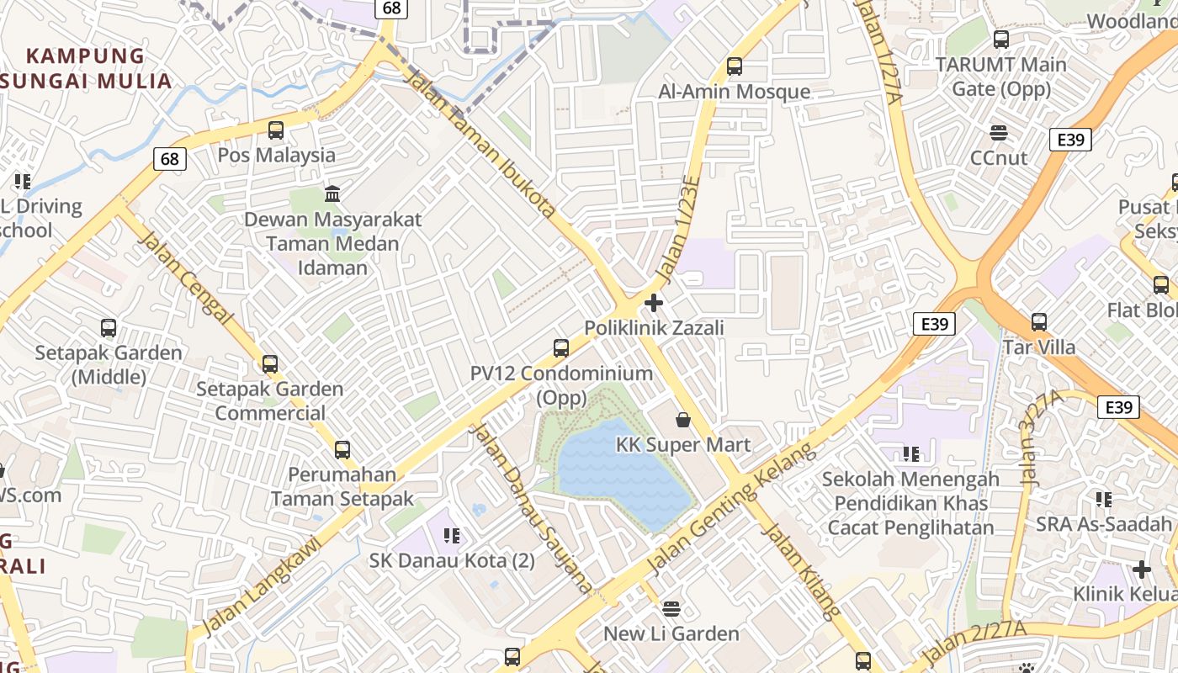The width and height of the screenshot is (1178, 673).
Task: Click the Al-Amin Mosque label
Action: coord(734,92)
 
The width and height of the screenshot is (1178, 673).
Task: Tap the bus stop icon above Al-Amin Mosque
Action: coord(735,66)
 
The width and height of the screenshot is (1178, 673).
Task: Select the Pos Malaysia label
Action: coord(276,156)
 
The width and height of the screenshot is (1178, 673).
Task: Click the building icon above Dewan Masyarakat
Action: coord(332,194)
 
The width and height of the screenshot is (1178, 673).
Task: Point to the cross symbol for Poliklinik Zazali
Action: coord(654,303)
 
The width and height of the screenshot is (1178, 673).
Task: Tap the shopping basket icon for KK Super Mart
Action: coord(683,419)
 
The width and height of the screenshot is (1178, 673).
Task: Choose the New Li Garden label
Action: coord(671,633)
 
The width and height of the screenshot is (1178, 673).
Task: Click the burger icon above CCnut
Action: coord(999,132)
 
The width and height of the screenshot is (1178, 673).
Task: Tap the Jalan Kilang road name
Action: coord(800,571)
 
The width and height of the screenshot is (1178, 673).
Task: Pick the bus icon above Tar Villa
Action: coord(1039,321)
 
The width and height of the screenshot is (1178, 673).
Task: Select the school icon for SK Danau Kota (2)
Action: coord(452,535)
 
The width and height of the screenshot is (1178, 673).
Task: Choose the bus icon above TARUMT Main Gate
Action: coord(1001,39)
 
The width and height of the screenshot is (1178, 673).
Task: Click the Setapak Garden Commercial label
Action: coord(269,401)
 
